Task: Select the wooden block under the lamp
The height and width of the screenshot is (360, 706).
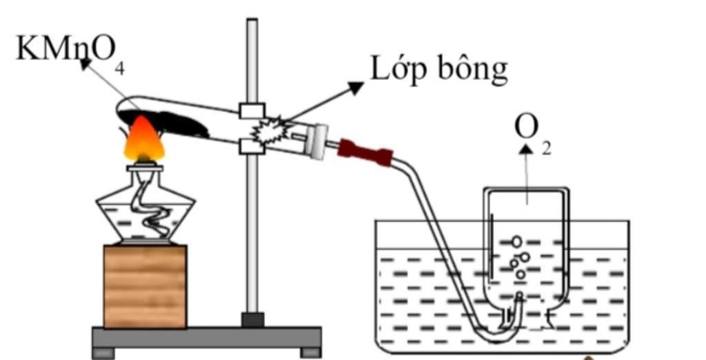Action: point(145,286)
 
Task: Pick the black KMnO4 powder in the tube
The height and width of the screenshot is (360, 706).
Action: point(176,124)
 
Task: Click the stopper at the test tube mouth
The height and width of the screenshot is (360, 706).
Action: point(317,141)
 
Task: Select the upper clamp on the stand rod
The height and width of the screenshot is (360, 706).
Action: point(252,111)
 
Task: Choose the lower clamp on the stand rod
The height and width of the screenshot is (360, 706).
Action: point(252,146)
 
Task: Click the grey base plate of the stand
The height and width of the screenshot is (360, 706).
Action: point(207,337)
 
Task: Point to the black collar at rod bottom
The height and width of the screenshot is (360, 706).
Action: point(252,319)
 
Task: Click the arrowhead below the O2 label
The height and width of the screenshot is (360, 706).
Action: point(527,149)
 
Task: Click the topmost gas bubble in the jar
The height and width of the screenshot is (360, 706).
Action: point(516,241)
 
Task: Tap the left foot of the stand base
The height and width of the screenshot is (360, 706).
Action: point(103,353)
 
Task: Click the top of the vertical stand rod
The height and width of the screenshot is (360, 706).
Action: point(252,22)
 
